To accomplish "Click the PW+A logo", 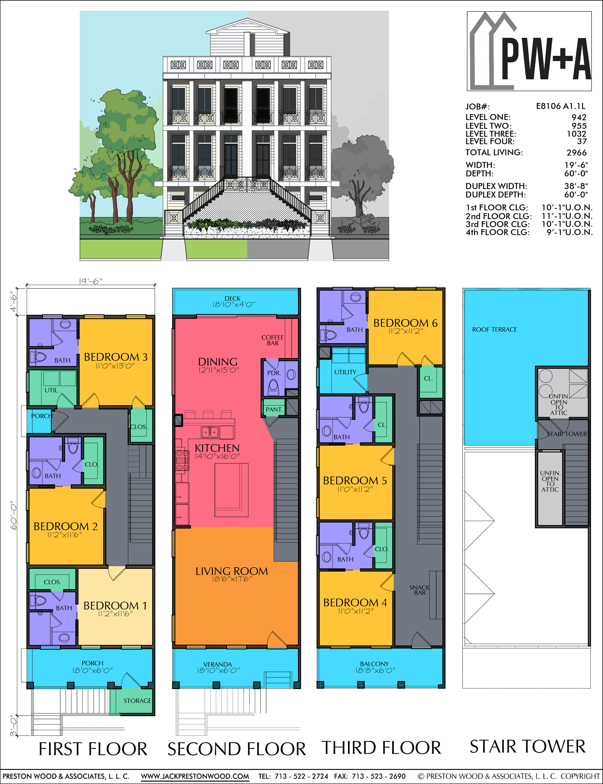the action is point(529,51).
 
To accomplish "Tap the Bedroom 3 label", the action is point(116,357).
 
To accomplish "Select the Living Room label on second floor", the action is point(232,571).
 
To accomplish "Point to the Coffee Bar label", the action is point(272,340).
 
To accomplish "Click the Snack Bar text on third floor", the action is point(420,590).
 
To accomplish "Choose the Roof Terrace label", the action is point(494,329).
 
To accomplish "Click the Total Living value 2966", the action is point(577,152).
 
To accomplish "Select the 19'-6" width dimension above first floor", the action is point(90,281).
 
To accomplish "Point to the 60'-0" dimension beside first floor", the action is point(13,515).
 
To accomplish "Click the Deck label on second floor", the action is point(233,298).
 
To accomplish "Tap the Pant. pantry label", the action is point(274,409).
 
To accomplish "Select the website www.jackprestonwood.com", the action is point(195,776).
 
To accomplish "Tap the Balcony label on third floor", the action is point(374,664).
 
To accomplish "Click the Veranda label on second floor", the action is point(218,664).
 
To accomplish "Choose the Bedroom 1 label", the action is point(115,606).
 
